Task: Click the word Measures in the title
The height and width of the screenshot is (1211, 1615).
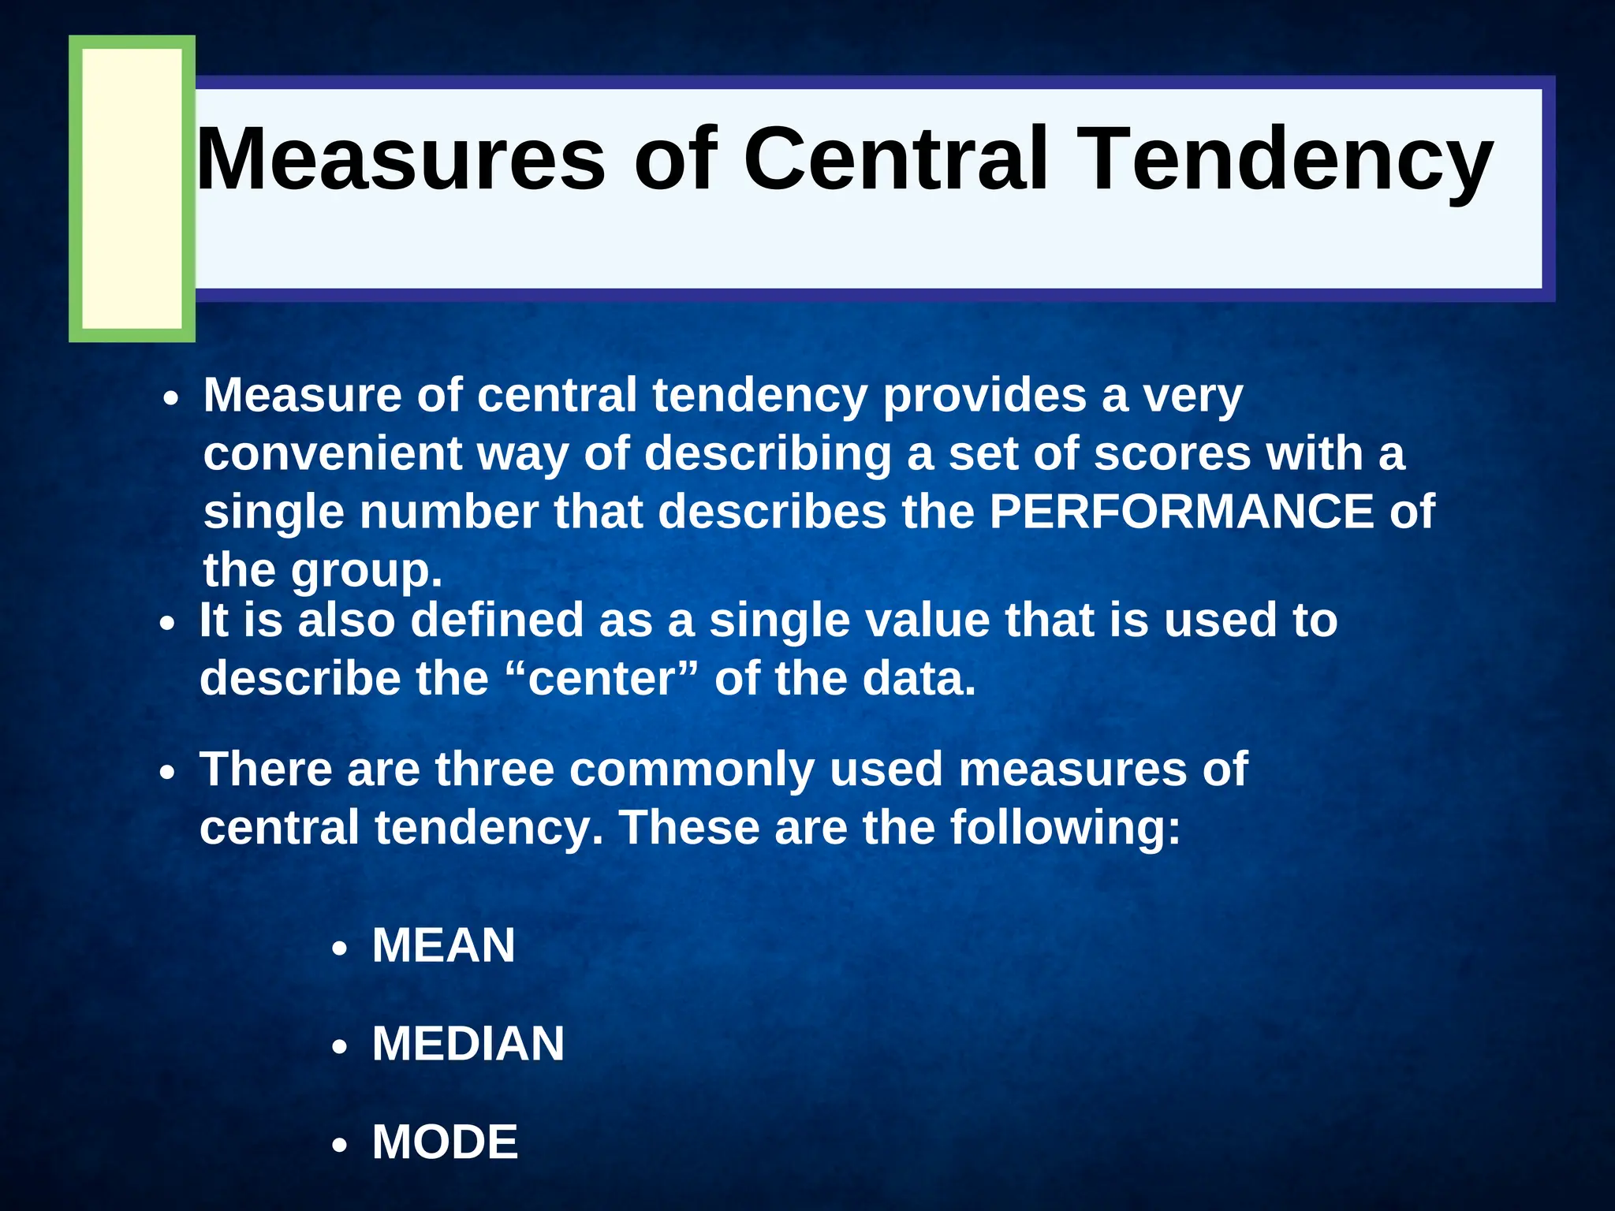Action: [x=401, y=159]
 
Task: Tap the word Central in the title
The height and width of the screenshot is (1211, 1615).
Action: [x=895, y=159]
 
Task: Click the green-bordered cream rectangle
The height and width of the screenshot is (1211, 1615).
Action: [x=132, y=189]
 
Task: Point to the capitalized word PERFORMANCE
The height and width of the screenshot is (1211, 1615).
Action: [x=1181, y=511]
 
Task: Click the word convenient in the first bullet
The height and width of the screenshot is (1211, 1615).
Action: [x=332, y=453]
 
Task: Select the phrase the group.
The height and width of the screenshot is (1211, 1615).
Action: [x=323, y=570]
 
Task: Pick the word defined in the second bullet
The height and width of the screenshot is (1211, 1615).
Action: [x=497, y=620]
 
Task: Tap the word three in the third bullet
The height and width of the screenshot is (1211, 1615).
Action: [x=494, y=769]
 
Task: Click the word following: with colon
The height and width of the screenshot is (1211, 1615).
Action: [x=1065, y=828]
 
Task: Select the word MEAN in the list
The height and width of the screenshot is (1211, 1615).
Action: [x=443, y=945]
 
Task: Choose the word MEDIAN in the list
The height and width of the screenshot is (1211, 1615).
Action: [x=468, y=1044]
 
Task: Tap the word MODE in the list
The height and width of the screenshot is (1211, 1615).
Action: [x=445, y=1142]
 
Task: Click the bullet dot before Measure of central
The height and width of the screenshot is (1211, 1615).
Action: [x=171, y=399]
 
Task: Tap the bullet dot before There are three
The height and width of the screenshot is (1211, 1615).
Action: [x=166, y=773]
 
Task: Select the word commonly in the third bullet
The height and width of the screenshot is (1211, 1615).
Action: [x=692, y=769]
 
